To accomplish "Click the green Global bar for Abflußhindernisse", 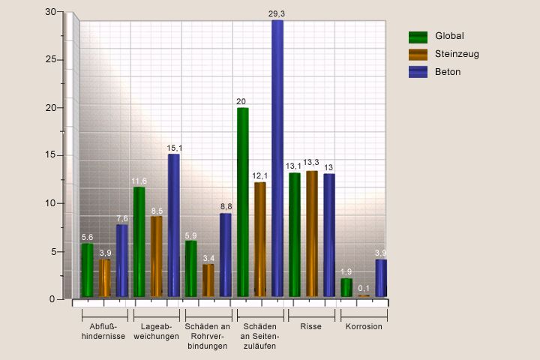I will pos(88,270).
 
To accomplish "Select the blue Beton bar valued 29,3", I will pos(277,157).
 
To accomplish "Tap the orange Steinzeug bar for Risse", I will pos(312,233).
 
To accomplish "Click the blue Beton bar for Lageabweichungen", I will pos(174,225).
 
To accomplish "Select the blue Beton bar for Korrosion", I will pos(381,277).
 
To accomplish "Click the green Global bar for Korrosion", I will pos(346,287).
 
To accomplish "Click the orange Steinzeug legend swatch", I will pos(418,54).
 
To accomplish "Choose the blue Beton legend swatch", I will pos(418,72).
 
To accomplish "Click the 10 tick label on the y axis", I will pos(50,203).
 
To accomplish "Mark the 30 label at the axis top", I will pos(50,12).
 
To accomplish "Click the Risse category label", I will pos(311,327).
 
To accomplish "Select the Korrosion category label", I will pos(364,327).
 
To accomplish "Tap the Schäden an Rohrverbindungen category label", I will pos(207,337).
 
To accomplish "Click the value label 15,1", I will pos(174,148).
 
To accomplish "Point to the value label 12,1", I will pos(260,175).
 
